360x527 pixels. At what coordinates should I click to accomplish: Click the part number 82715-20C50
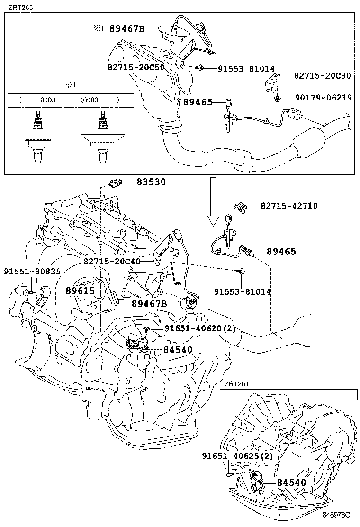[136, 68]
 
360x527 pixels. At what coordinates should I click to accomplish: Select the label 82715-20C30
[323, 75]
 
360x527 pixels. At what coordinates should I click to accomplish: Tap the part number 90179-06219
[323, 98]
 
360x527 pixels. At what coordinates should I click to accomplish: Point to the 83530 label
[152, 182]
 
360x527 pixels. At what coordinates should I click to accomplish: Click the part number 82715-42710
[289, 206]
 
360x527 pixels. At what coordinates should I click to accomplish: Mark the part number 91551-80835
[32, 272]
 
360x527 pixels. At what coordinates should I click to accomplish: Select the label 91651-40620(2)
[199, 328]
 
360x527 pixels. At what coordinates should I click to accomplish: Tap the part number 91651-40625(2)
[237, 456]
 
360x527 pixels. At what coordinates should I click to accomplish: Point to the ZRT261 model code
[236, 384]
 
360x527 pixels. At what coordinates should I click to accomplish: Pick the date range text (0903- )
[99, 100]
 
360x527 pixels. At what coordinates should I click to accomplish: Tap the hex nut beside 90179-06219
[279, 99]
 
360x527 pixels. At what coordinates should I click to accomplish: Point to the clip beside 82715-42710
[242, 207]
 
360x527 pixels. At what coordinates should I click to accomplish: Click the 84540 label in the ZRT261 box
[291, 482]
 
